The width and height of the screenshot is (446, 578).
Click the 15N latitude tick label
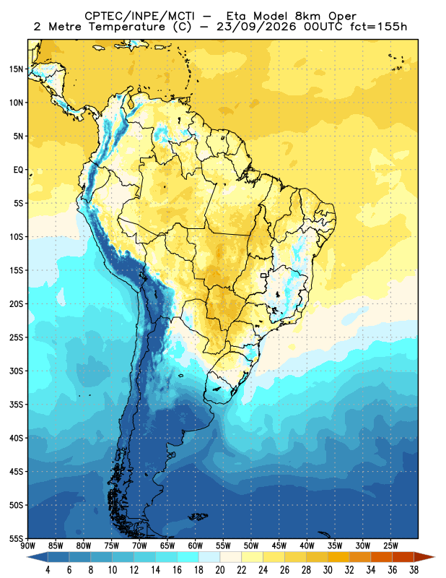(16, 69)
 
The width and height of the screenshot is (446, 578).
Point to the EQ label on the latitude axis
(18, 170)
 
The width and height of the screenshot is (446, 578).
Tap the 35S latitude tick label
(16, 405)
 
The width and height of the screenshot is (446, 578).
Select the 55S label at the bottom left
(16, 539)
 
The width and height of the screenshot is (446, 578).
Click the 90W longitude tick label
(28, 545)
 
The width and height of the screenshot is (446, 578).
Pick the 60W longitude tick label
(195, 545)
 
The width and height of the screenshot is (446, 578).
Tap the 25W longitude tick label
(390, 545)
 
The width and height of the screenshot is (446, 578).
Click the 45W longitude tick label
(279, 545)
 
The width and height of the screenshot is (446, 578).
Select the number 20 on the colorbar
(220, 570)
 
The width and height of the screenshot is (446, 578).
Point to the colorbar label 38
(414, 570)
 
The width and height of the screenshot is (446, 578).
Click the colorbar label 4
(48, 570)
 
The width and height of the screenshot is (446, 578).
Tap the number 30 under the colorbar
(328, 570)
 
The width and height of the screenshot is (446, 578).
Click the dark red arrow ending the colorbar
(424, 557)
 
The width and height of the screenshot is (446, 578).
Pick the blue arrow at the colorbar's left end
(38, 557)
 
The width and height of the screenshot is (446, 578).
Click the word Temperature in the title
(127, 27)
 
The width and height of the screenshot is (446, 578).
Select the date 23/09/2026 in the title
(256, 27)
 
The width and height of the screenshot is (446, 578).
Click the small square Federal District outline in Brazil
(263, 275)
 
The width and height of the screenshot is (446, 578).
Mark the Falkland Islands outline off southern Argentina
(198, 517)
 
